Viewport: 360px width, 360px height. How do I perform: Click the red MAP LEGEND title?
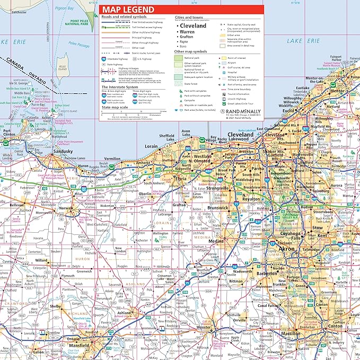tap(129, 10)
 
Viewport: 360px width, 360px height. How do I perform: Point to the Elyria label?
tap(181, 179)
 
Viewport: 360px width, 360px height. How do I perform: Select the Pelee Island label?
tap(63, 68)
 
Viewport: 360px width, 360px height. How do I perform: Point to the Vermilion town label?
tap(112, 158)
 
